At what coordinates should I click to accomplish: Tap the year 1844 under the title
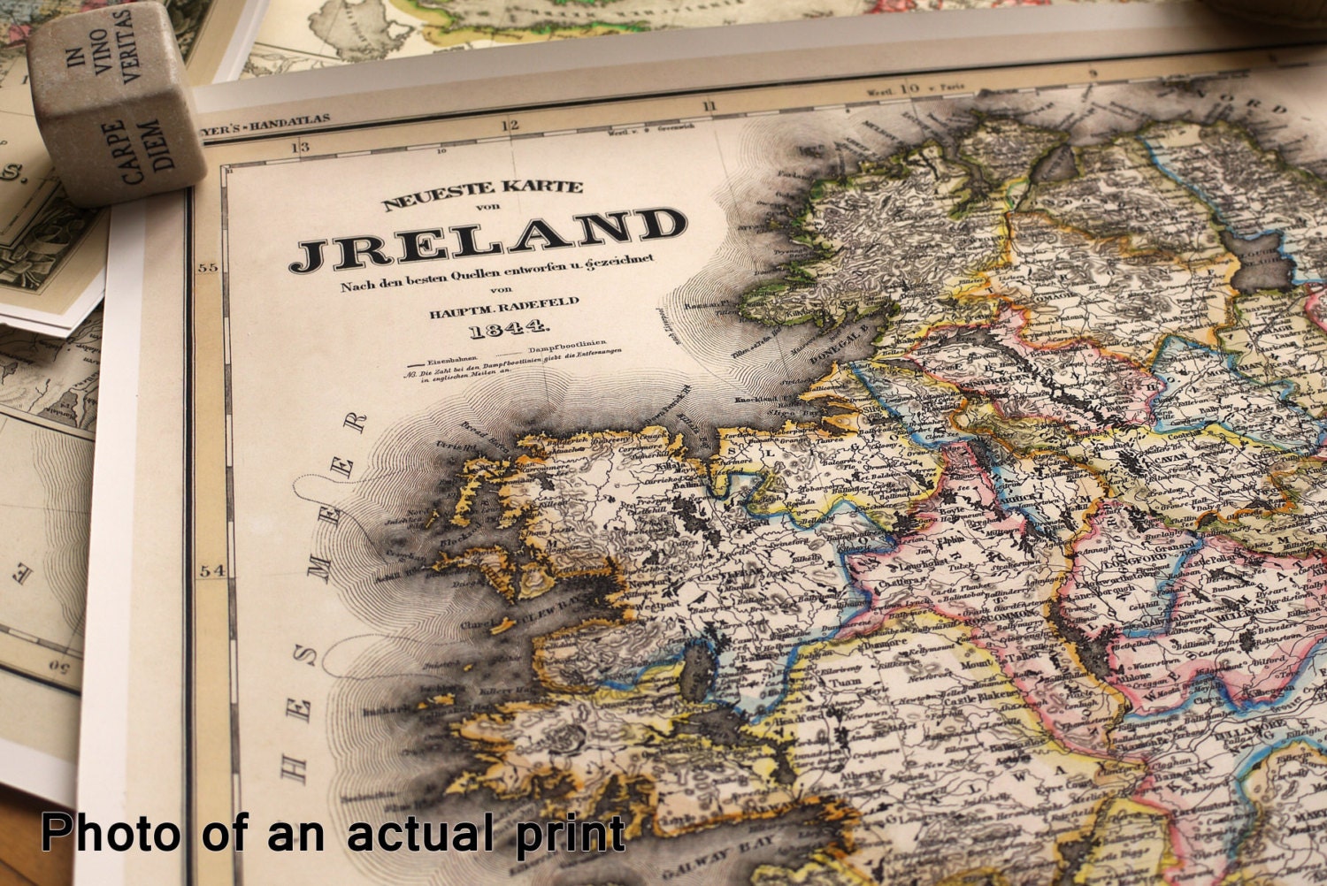point(508,329)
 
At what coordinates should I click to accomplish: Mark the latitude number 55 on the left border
point(207,268)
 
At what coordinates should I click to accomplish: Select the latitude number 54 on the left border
point(211,570)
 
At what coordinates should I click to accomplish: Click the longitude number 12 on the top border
point(509,126)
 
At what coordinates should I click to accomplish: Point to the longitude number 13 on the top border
point(302,147)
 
